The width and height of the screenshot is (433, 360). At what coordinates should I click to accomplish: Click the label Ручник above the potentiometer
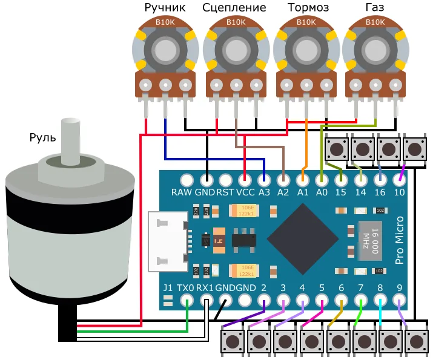click(x=165, y=8)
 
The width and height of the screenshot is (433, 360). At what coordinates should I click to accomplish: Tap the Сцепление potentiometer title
click(x=234, y=8)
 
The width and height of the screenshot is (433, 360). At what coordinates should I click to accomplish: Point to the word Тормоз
click(x=308, y=8)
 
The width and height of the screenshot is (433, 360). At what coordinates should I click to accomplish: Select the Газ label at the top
click(x=375, y=8)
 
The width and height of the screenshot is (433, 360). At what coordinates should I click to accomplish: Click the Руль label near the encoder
click(x=42, y=137)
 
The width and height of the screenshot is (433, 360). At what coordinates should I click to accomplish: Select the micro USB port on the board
click(x=168, y=241)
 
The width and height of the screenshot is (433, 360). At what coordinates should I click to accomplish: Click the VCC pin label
click(x=245, y=192)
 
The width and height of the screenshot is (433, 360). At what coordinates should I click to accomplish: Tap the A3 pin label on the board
click(x=264, y=192)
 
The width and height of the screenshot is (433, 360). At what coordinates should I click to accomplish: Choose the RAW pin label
click(x=182, y=192)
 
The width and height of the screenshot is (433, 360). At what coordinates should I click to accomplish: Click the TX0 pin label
click(x=187, y=288)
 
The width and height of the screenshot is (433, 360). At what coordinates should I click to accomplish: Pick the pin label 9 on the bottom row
click(x=399, y=288)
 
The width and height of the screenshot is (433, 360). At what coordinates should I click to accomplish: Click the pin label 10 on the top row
click(x=399, y=192)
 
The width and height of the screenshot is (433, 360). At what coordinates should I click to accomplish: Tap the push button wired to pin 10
click(x=415, y=148)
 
